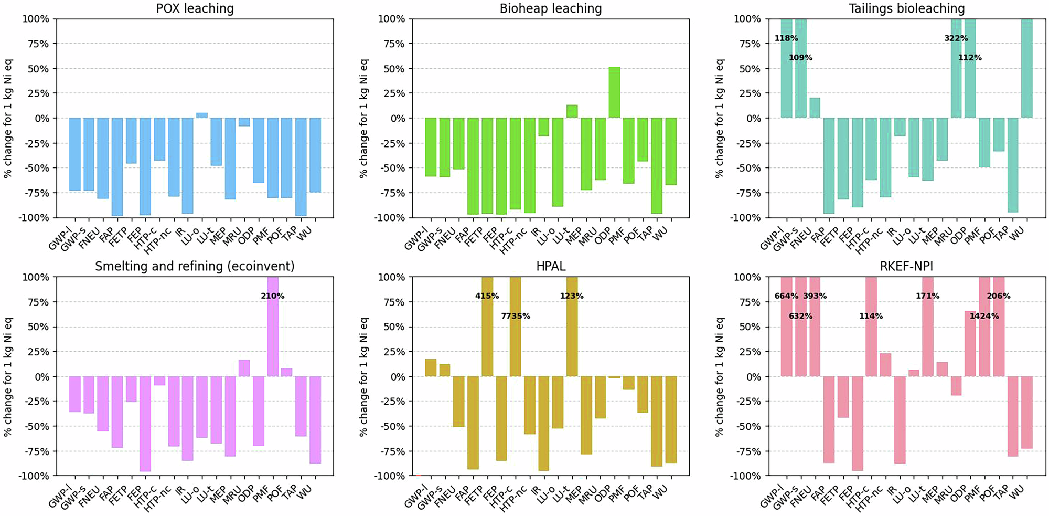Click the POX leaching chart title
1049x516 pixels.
click(195, 8)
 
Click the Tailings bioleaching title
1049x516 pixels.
click(906, 8)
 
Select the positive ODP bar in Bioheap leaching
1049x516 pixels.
click(614, 92)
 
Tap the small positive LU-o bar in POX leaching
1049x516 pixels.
click(202, 115)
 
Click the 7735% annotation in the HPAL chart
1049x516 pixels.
click(515, 316)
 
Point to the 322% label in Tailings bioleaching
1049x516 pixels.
click(956, 38)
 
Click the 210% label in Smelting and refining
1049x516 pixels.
click(272, 296)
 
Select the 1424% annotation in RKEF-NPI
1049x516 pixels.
click(984, 316)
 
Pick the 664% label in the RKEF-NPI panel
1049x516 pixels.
click(786, 296)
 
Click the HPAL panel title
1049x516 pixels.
click(550, 267)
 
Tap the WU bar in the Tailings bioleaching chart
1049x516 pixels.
click(1026, 68)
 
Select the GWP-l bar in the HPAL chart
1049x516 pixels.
click(431, 368)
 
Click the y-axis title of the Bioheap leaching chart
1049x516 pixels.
click(363, 118)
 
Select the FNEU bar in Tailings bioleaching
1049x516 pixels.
click(815, 108)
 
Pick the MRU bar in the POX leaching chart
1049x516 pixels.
click(244, 122)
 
